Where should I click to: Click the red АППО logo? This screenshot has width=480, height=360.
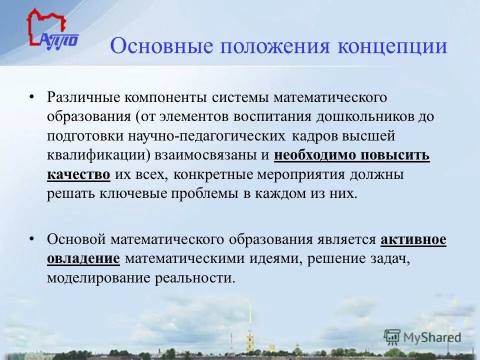pos(51,30)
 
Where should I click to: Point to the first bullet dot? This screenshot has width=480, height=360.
pos(31,96)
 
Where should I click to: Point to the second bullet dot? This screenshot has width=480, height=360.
pos(31,239)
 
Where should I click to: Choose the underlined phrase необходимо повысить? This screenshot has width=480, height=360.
pos(351,155)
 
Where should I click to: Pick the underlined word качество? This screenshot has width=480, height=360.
pos(79,174)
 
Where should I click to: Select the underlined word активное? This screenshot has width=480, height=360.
pos(413,239)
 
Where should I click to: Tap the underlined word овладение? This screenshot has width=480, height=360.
pos(83,259)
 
